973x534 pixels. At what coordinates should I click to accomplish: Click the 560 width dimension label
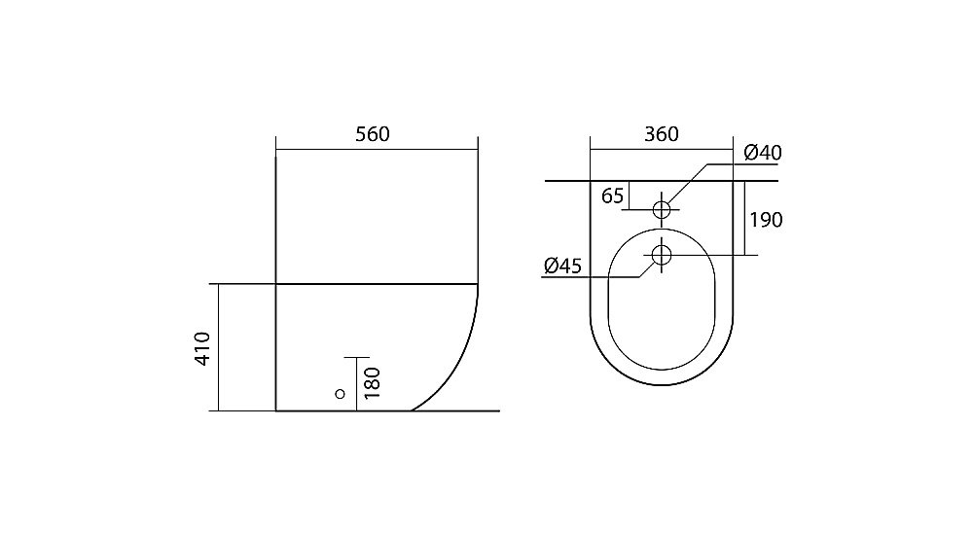(373, 134)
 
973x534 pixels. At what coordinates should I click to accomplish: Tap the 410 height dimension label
(203, 348)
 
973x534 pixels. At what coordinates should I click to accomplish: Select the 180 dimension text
(371, 382)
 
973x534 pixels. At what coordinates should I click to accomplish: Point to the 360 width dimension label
(662, 134)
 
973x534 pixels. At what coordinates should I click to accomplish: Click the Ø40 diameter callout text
(763, 153)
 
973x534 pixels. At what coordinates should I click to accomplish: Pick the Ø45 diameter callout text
(562, 267)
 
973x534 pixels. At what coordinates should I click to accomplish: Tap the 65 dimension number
(612, 196)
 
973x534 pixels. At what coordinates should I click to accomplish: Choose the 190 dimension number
(767, 220)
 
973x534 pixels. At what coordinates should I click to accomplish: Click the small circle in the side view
(340, 394)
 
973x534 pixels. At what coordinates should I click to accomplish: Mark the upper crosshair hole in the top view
(662, 210)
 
